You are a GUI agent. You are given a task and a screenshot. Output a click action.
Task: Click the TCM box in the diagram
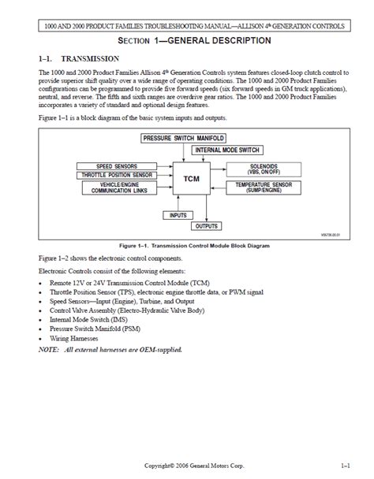191,178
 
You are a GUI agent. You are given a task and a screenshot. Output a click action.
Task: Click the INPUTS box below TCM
178,214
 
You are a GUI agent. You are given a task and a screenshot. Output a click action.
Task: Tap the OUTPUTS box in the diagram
207,226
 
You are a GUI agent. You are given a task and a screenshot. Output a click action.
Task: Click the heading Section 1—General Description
186,40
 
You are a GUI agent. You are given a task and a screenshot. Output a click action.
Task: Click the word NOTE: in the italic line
49,349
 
